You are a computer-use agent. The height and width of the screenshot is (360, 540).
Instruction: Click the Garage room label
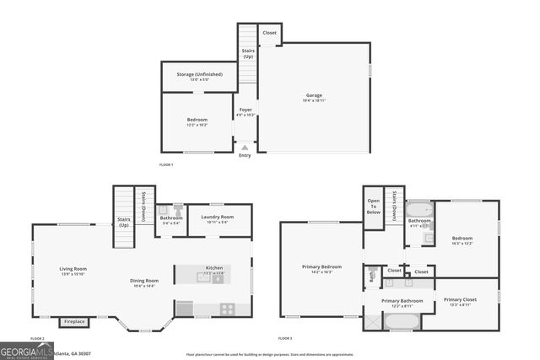(x=314, y=95)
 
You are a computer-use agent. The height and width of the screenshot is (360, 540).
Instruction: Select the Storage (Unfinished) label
(x=199, y=74)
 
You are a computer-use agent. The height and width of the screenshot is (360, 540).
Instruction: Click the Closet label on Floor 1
(x=269, y=33)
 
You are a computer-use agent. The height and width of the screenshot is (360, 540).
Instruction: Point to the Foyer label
(x=246, y=110)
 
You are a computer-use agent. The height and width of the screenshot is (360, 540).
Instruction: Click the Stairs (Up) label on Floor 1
(x=248, y=53)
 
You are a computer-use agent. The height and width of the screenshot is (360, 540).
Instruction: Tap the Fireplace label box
(x=74, y=321)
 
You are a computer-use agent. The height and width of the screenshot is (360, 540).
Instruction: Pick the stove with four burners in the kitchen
(x=227, y=309)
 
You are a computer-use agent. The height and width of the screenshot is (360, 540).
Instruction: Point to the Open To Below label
(x=373, y=207)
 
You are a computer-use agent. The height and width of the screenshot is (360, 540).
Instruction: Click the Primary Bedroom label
(x=321, y=267)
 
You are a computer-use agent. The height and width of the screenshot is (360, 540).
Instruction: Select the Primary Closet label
(x=460, y=300)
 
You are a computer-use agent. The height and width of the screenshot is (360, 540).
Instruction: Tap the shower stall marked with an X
(x=373, y=321)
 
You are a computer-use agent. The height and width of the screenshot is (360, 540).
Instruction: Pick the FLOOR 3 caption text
(x=285, y=338)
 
